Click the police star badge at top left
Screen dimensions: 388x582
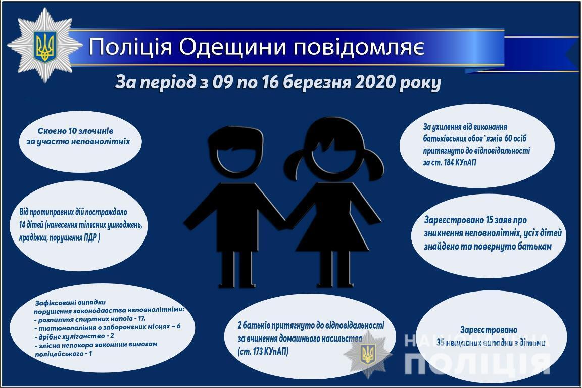click(x=44, y=45)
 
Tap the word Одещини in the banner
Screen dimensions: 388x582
click(x=230, y=47)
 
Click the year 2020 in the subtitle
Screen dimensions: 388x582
click(x=372, y=82)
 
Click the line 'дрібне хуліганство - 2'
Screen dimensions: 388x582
click(x=74, y=335)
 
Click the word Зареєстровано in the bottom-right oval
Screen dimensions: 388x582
click(x=489, y=330)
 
